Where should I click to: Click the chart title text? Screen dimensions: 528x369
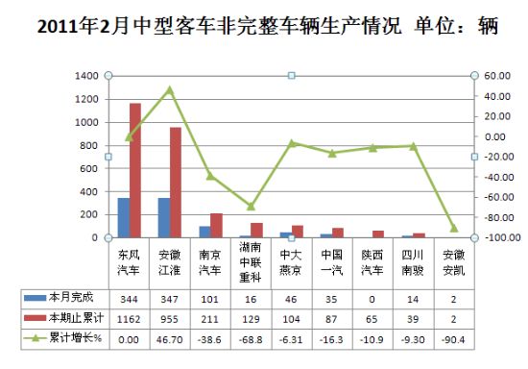point(268,26)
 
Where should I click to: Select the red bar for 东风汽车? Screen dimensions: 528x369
point(135,170)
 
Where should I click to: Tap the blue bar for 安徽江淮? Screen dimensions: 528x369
point(164,218)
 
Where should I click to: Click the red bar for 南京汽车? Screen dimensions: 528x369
point(217,226)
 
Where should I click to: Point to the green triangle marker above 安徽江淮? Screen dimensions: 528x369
point(170,90)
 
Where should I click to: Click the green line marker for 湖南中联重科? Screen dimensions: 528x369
point(251,207)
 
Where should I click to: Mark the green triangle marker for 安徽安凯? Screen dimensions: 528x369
point(454,228)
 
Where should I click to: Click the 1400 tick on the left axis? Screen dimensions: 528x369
point(86,76)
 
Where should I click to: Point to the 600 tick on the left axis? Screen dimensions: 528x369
point(89,168)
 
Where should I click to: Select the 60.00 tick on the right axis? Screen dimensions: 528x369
point(497,76)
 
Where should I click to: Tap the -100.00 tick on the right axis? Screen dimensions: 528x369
point(502,237)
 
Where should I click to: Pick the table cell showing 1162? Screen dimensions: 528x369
point(129,319)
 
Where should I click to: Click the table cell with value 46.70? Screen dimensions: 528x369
point(169,339)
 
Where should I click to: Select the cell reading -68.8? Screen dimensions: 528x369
point(251,339)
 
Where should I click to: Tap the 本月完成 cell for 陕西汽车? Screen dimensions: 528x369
point(372,299)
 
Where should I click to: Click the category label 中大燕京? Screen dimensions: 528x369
point(291,262)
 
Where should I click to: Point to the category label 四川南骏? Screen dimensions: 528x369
point(413,262)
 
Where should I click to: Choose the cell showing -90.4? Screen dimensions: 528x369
point(453,339)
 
